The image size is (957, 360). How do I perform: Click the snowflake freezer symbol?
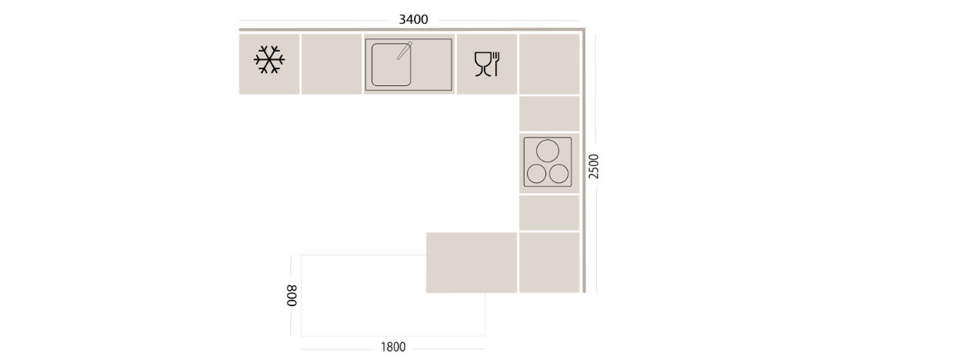point(269,59)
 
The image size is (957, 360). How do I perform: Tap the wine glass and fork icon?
point(487,64)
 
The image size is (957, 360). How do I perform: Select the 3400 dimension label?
point(413,20)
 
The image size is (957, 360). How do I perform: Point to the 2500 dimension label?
point(594,166)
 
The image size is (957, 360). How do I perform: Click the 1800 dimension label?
point(393,347)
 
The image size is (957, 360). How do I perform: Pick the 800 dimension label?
point(292,295)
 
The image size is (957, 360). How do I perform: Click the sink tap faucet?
point(404,51)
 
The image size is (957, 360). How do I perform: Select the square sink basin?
point(391,65)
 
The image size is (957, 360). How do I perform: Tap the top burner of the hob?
point(547,151)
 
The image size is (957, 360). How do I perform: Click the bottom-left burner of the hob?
point(536,174)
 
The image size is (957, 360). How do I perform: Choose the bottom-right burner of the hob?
point(559,174)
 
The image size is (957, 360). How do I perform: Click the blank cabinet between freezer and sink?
point(332,64)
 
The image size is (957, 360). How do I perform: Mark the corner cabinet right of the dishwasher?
point(549,64)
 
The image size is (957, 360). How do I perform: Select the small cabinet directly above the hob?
point(549,114)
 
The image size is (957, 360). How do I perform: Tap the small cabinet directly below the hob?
point(549,212)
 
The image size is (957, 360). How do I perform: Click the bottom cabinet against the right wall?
point(549,262)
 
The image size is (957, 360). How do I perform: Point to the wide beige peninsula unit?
point(472,262)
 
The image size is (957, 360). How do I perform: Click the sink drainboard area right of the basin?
point(432,65)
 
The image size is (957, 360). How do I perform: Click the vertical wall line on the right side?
point(584,161)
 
